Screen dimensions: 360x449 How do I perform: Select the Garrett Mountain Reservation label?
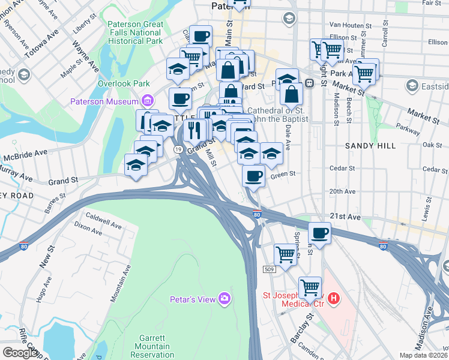pyautogui.click(x=152, y=346)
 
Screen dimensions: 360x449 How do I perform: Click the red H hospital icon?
pyautogui.click(x=334, y=298)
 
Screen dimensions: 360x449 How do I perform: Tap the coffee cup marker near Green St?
pyautogui.click(x=254, y=176)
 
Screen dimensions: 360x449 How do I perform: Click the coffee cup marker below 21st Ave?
pyautogui.click(x=320, y=233)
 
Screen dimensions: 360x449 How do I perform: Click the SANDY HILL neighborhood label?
pyautogui.click(x=369, y=146)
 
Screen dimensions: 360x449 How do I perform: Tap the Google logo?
pyautogui.click(x=20, y=353)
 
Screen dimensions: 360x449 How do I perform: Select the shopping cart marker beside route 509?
pyautogui.click(x=285, y=254)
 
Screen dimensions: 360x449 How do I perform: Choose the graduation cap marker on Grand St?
pyautogui.click(x=136, y=165)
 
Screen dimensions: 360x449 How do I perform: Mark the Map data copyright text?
pyautogui.click(x=424, y=355)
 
